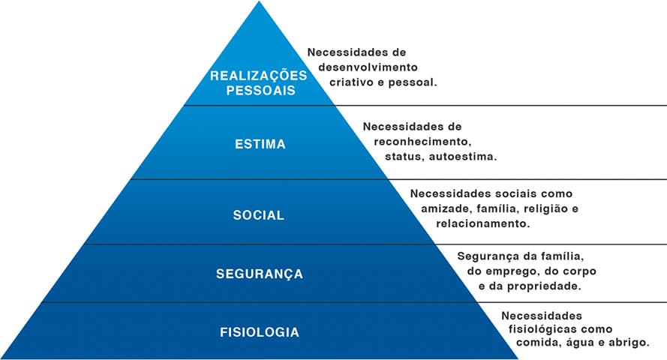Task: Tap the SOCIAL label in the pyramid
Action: click(x=259, y=215)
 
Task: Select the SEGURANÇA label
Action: click(x=260, y=274)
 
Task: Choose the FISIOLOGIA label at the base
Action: click(x=260, y=331)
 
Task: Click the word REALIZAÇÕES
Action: click(x=259, y=76)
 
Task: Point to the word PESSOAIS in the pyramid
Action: click(x=259, y=90)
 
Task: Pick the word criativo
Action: click(x=356, y=82)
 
